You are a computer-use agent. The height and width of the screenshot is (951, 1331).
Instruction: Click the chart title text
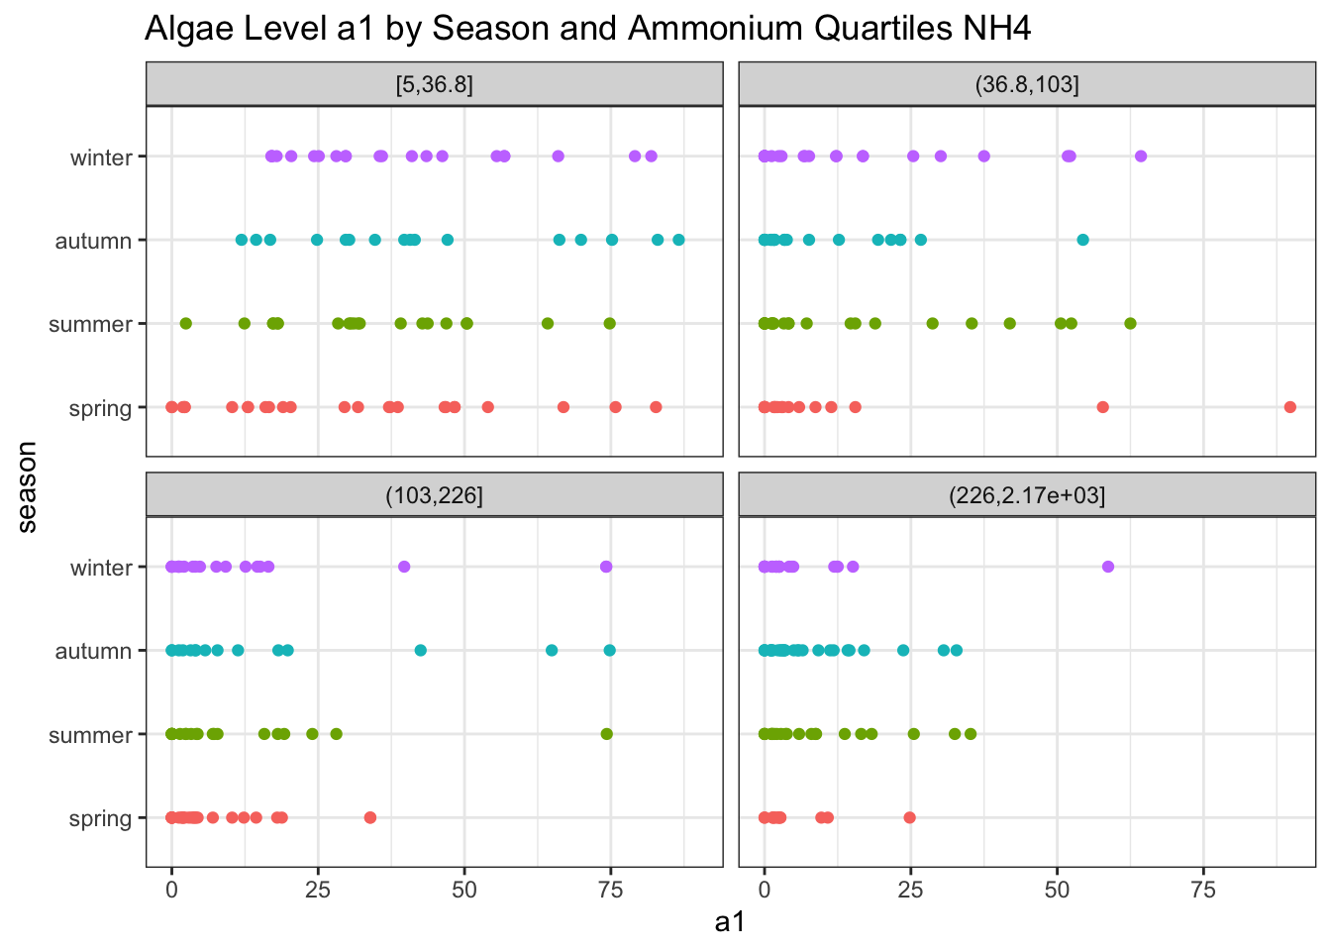pyautogui.click(x=587, y=28)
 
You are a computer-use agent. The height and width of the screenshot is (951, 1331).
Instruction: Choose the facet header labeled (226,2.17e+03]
pyautogui.click(x=1026, y=495)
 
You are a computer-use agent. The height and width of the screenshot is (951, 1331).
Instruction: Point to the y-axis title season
pyautogui.click(x=27, y=487)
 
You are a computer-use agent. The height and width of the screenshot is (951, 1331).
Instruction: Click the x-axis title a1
pyautogui.click(x=730, y=922)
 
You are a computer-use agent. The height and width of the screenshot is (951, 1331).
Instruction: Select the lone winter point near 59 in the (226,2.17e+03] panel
pyautogui.click(x=1108, y=567)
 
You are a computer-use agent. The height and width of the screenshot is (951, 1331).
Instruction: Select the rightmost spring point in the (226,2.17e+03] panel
pyautogui.click(x=909, y=817)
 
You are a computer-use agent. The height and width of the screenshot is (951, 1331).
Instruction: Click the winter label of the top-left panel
pyautogui.click(x=101, y=158)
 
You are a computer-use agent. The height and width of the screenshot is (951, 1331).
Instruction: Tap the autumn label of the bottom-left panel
pyautogui.click(x=93, y=652)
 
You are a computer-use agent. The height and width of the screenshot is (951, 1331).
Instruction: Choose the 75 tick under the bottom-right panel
pyautogui.click(x=1203, y=889)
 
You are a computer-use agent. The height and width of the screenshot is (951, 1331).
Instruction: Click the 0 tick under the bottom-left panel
pyautogui.click(x=171, y=889)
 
